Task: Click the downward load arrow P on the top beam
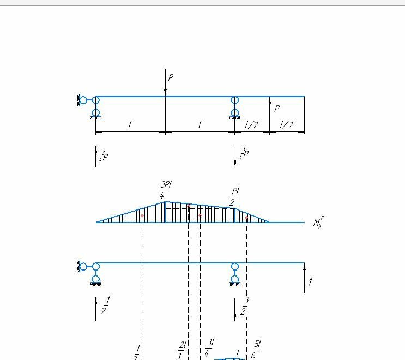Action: coord(165,82)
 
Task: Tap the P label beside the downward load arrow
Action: coord(171,78)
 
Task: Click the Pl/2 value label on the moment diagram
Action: coord(235,197)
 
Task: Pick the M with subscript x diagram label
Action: coord(318,222)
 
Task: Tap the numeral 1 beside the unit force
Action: coord(310,282)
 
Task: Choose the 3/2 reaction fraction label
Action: coord(243,306)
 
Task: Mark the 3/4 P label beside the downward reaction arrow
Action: coord(244,154)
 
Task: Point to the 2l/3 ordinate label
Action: coord(181,350)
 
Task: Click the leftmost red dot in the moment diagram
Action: coord(142,217)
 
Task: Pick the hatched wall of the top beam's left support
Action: coord(79,100)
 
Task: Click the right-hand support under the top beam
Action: coord(235,107)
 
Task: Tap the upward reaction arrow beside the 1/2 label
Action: coord(96,309)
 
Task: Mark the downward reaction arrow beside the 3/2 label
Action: coord(235,309)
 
